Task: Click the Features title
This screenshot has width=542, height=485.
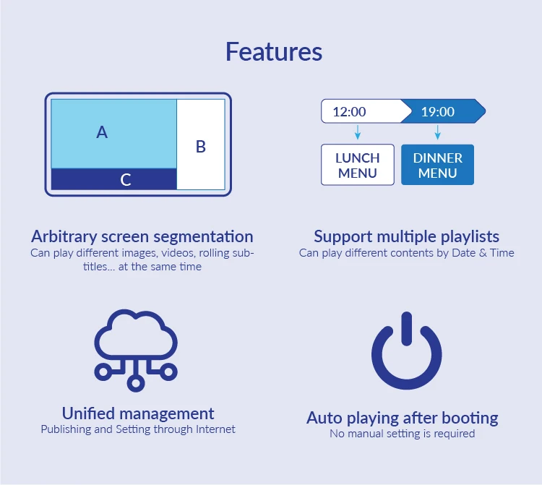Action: click(x=273, y=52)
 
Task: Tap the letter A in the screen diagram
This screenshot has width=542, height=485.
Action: click(x=102, y=132)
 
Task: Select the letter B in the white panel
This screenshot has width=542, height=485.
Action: click(x=201, y=147)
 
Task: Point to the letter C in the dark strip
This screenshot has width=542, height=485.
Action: click(x=126, y=180)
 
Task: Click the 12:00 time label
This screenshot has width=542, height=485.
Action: click(x=349, y=111)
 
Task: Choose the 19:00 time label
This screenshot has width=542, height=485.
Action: click(x=438, y=111)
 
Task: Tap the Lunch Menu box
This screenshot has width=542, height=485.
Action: click(x=357, y=165)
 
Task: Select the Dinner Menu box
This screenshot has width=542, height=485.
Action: click(x=437, y=165)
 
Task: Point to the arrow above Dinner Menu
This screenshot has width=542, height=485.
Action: click(x=437, y=133)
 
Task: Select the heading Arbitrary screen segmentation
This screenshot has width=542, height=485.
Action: click(x=142, y=236)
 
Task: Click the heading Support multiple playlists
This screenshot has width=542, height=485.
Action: click(x=406, y=236)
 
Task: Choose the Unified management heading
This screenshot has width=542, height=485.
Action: click(x=138, y=413)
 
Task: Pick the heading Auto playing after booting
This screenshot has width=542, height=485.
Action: click(x=403, y=418)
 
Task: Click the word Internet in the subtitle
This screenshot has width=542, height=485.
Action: click(x=215, y=429)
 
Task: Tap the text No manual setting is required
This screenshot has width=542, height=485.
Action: click(x=403, y=434)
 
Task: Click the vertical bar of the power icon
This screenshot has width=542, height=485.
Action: click(x=406, y=330)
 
